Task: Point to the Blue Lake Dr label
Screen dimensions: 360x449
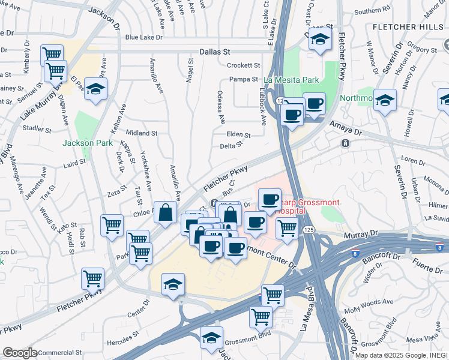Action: [143, 37]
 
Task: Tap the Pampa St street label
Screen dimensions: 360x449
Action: [244, 79]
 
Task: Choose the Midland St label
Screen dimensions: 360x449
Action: [142, 133]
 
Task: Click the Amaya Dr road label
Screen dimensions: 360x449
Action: [346, 127]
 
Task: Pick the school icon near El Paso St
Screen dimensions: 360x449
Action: [95, 89]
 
